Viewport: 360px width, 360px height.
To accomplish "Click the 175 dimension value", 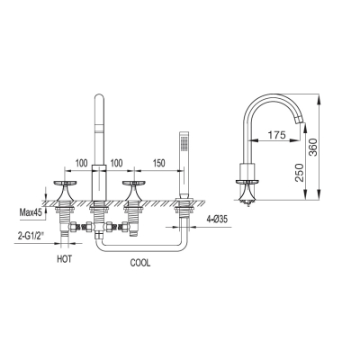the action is pos(276,135).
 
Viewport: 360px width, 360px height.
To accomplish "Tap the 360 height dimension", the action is pos(312,147).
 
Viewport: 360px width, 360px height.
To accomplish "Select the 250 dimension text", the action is pos(299,173).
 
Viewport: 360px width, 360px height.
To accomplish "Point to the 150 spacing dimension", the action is pos(158,163).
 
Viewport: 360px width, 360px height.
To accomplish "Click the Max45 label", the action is pos(30,212).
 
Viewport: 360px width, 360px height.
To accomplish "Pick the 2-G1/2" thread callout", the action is pos(30,236).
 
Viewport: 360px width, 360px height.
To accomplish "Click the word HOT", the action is pos(65,259).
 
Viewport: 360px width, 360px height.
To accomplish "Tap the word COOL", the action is pos(140,263).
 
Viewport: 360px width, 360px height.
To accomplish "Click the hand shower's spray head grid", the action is pos(184,142).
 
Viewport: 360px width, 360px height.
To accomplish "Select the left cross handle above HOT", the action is pos(65,191).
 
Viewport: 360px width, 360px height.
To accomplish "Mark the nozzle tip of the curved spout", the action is pos(301,122).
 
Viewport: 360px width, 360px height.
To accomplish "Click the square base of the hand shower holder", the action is pos(184,200).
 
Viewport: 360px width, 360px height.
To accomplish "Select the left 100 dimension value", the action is pos(81,163).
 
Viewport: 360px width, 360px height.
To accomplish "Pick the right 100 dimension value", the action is pos(116,163).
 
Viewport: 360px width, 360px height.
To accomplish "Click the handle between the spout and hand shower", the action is pos(133,191).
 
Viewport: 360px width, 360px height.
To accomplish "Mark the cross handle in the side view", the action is pos(247,191).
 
